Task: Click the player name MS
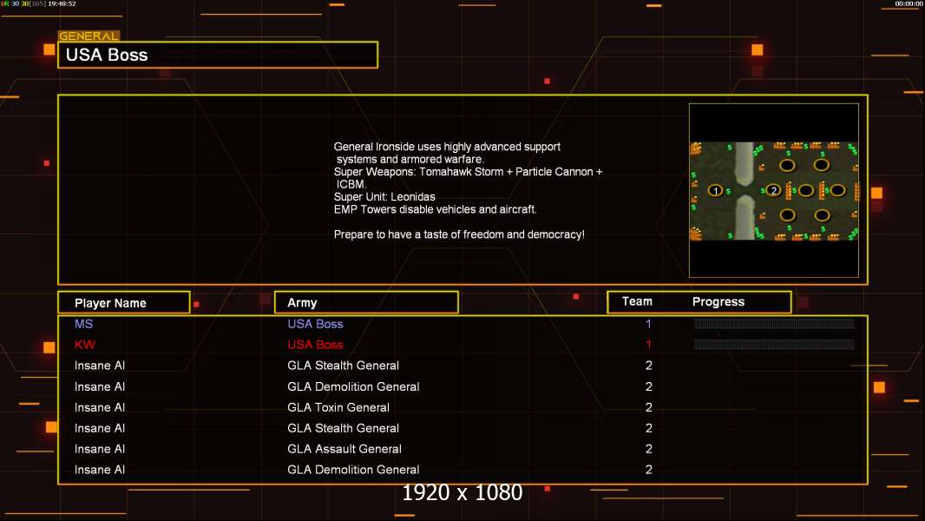click(x=83, y=324)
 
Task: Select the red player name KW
click(x=85, y=345)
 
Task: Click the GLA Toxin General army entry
click(x=338, y=407)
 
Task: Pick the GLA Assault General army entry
click(x=344, y=449)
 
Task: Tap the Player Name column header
click(x=110, y=303)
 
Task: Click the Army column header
click(x=302, y=303)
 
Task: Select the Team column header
click(x=637, y=301)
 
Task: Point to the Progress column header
click(x=718, y=302)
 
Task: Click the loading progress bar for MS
click(x=774, y=324)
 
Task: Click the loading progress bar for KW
click(x=774, y=345)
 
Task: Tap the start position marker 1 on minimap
click(x=716, y=190)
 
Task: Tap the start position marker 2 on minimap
click(x=774, y=190)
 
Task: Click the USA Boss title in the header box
click(x=107, y=55)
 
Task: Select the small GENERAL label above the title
click(x=89, y=36)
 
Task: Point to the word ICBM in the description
click(x=351, y=185)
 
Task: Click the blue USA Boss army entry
click(x=315, y=324)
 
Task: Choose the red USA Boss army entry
click(x=315, y=345)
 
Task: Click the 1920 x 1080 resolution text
click(x=462, y=493)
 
